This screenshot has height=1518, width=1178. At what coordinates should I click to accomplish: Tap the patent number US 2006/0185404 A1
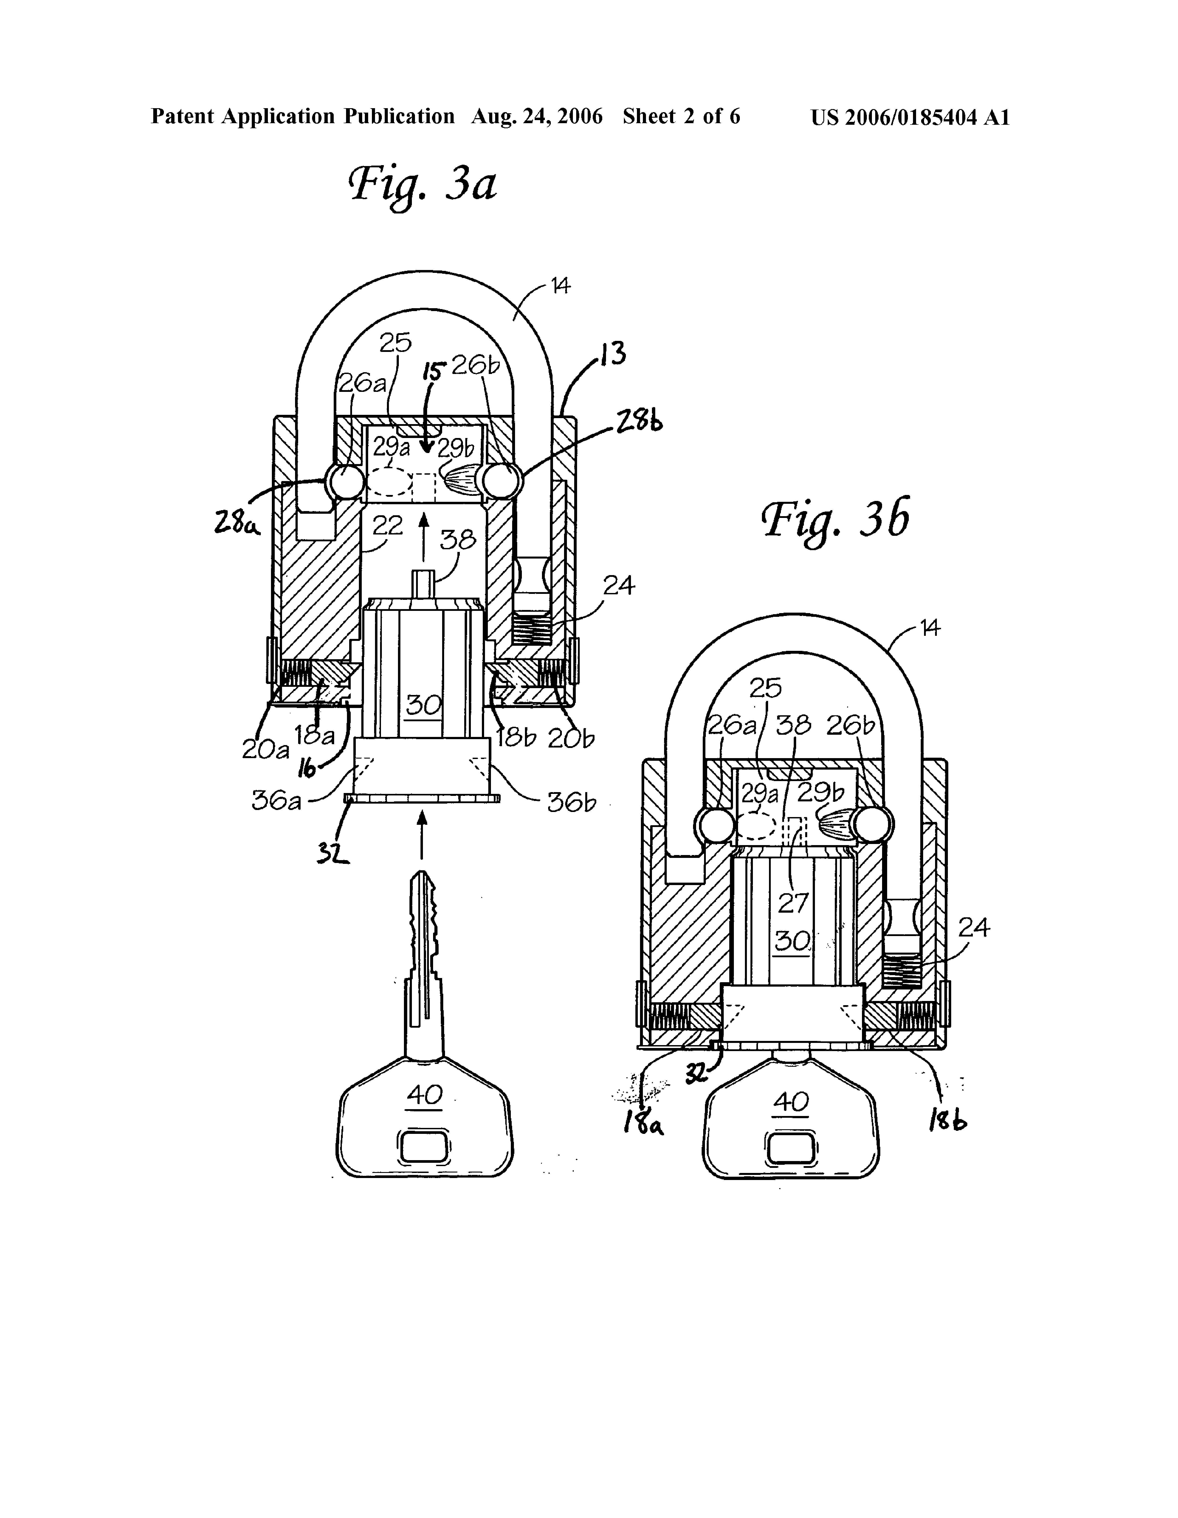(x=910, y=117)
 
